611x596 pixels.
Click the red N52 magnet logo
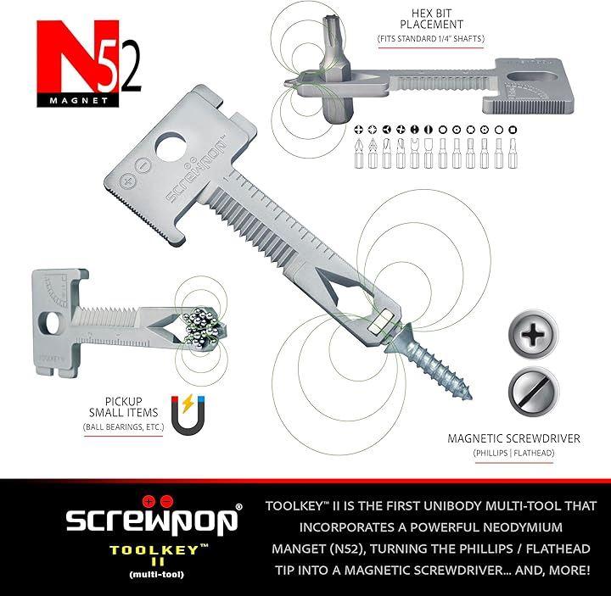tap(88, 63)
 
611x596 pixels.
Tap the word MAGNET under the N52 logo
tap(78, 100)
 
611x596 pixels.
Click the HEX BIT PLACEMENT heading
tap(431, 19)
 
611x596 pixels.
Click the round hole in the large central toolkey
tap(171, 147)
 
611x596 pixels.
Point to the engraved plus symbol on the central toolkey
tap(127, 181)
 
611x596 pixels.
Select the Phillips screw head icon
tap(533, 334)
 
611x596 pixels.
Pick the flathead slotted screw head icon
tap(533, 391)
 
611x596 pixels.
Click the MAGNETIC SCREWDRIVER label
tap(513, 438)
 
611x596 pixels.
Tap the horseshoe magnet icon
tap(188, 415)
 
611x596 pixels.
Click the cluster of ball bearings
tap(204, 326)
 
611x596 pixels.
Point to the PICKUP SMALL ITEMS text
tap(123, 407)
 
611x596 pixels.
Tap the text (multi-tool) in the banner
tap(156, 574)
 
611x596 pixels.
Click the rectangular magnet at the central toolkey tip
tap(383, 321)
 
